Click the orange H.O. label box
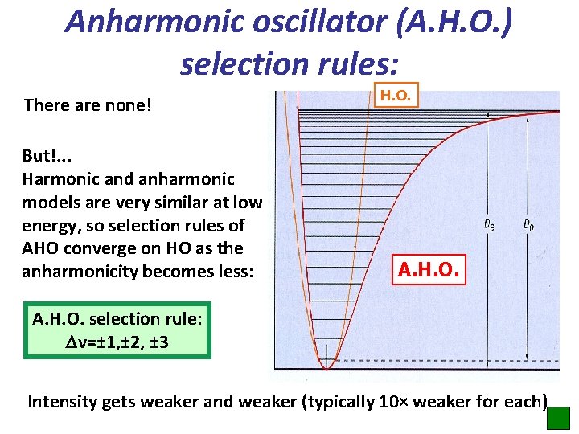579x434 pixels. coord(396,95)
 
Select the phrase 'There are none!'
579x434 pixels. coord(88,105)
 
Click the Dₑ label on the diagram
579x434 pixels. coord(489,225)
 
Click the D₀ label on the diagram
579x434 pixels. coord(528,225)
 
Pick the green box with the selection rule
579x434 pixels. coord(117,330)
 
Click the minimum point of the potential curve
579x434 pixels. coord(326,367)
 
